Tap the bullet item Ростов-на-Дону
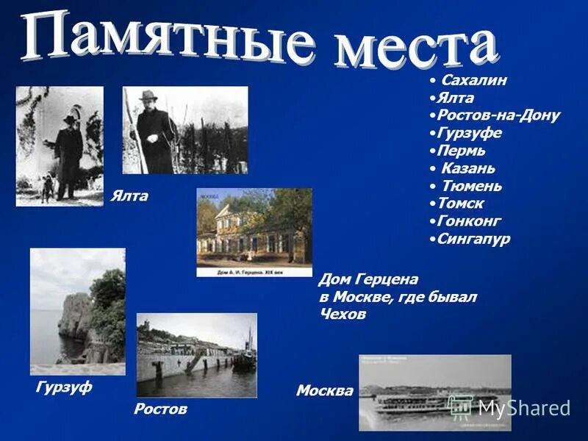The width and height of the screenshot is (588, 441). [x=498, y=115]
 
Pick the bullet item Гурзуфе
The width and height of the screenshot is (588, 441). [x=469, y=133]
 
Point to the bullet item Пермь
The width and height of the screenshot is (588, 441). [x=461, y=151]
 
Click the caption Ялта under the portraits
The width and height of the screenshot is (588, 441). [x=129, y=196]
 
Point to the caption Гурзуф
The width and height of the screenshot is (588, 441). [x=64, y=387]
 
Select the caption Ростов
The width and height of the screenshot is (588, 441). [x=160, y=409]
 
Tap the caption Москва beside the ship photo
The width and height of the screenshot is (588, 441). [x=324, y=391]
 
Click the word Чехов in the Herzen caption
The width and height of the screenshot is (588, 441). [x=343, y=314]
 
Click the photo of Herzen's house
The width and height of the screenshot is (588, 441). [x=254, y=232]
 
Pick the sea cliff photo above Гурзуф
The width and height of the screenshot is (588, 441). [x=77, y=311]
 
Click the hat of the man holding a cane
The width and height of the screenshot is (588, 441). [x=148, y=96]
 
